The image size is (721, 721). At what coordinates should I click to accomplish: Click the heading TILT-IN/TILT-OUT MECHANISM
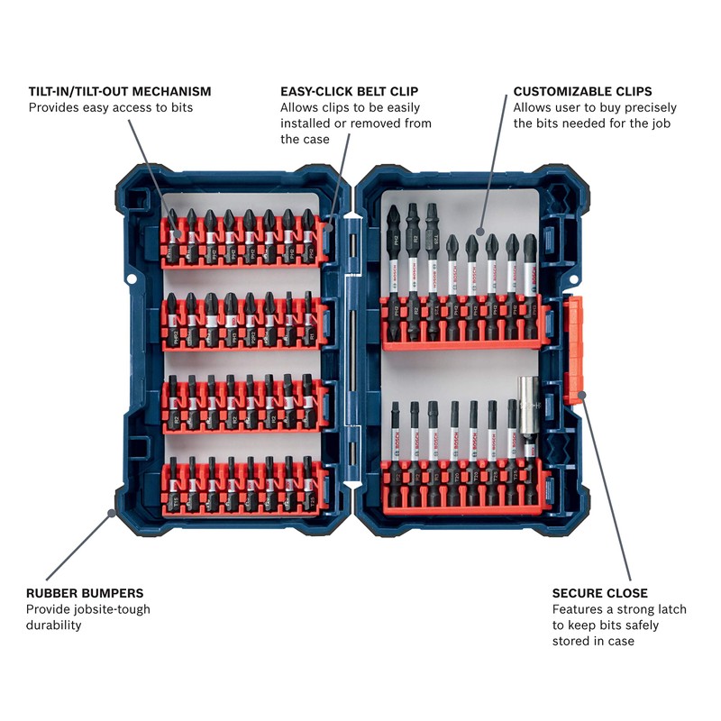120,91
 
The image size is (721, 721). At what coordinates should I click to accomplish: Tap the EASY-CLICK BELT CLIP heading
349,91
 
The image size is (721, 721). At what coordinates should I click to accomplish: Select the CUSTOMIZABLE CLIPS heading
582,91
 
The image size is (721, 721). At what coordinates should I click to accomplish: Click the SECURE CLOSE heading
599,593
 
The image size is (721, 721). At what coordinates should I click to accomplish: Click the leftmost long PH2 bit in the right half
394,261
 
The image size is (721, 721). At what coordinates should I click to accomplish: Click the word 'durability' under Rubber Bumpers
54,625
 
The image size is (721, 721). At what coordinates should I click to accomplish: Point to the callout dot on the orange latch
581,394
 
